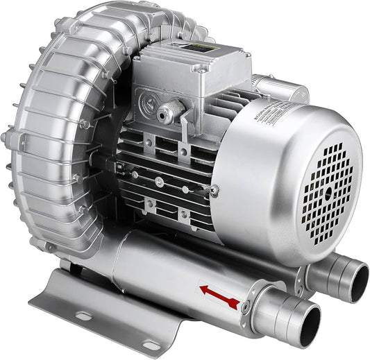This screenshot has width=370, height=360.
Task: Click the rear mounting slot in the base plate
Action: [x=84, y=316]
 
